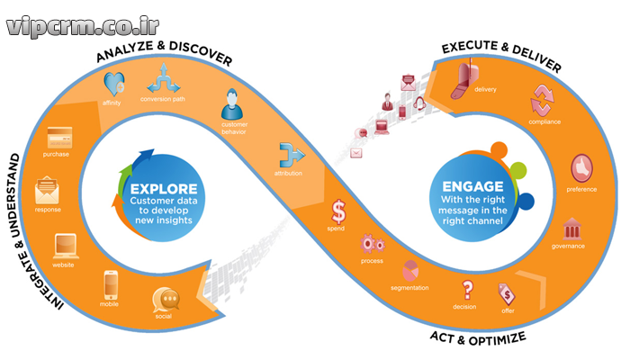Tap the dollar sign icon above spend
[338, 211]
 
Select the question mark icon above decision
[467, 291]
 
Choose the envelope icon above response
[48, 192]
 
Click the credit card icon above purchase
[61, 138]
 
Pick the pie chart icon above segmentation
[411, 270]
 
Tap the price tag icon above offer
[507, 292]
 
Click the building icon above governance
[571, 227]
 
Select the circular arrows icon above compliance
[543, 98]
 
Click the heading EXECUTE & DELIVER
[500, 56]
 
